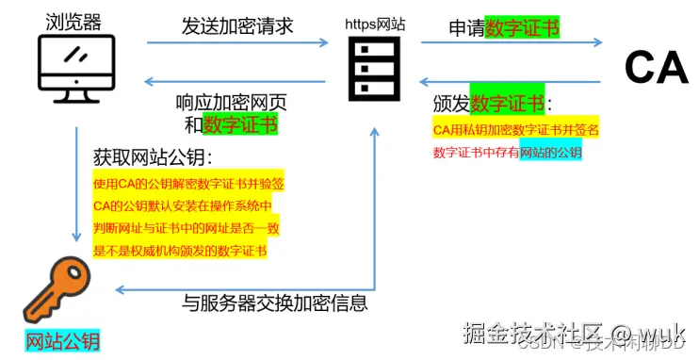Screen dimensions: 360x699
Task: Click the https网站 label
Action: pyautogui.click(x=374, y=25)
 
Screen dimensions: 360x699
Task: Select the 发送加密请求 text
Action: pyautogui.click(x=237, y=25)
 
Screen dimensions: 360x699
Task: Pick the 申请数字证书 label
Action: pyautogui.click(x=503, y=28)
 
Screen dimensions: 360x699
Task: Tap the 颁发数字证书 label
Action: pyautogui.click(x=492, y=104)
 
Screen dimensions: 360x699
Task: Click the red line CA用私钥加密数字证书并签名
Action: pyautogui.click(x=516, y=128)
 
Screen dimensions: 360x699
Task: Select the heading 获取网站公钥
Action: pyautogui.click(x=154, y=155)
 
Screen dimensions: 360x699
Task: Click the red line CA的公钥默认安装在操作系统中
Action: pyautogui.click(x=183, y=205)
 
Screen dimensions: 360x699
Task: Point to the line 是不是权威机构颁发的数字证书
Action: pyautogui.click(x=180, y=251)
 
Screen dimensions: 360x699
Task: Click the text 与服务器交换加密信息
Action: pyautogui.click(x=274, y=303)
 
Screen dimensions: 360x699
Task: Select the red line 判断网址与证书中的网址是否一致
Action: pyautogui.click(x=187, y=228)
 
